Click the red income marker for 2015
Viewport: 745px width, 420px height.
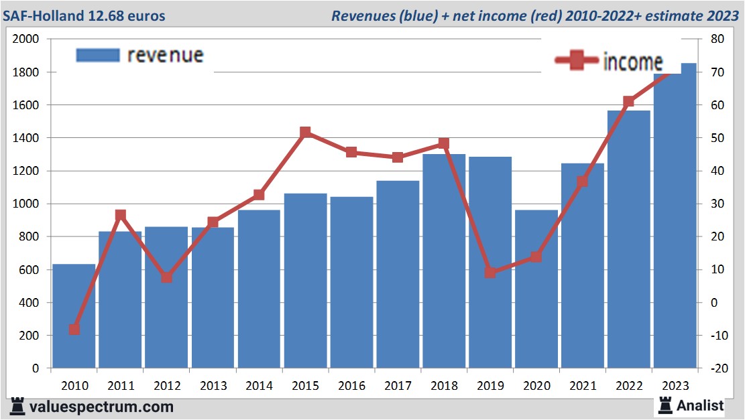(x=306, y=133)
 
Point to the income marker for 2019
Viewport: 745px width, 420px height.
(x=490, y=272)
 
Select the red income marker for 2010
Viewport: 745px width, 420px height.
(x=74, y=329)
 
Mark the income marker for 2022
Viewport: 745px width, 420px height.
(x=628, y=102)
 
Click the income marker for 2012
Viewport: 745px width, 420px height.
(x=167, y=277)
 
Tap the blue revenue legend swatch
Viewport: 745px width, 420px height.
(x=98, y=56)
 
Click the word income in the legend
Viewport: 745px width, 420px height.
(x=632, y=62)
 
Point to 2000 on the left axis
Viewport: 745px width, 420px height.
(x=25, y=40)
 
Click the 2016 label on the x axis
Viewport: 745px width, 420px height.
(x=351, y=386)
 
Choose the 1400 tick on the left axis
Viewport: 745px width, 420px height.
(x=25, y=138)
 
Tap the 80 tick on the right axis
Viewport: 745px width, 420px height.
(x=711, y=40)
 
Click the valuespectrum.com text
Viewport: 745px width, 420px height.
(x=101, y=407)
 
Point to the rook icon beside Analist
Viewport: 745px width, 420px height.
(x=665, y=405)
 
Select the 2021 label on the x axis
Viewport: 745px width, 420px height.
(x=583, y=386)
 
